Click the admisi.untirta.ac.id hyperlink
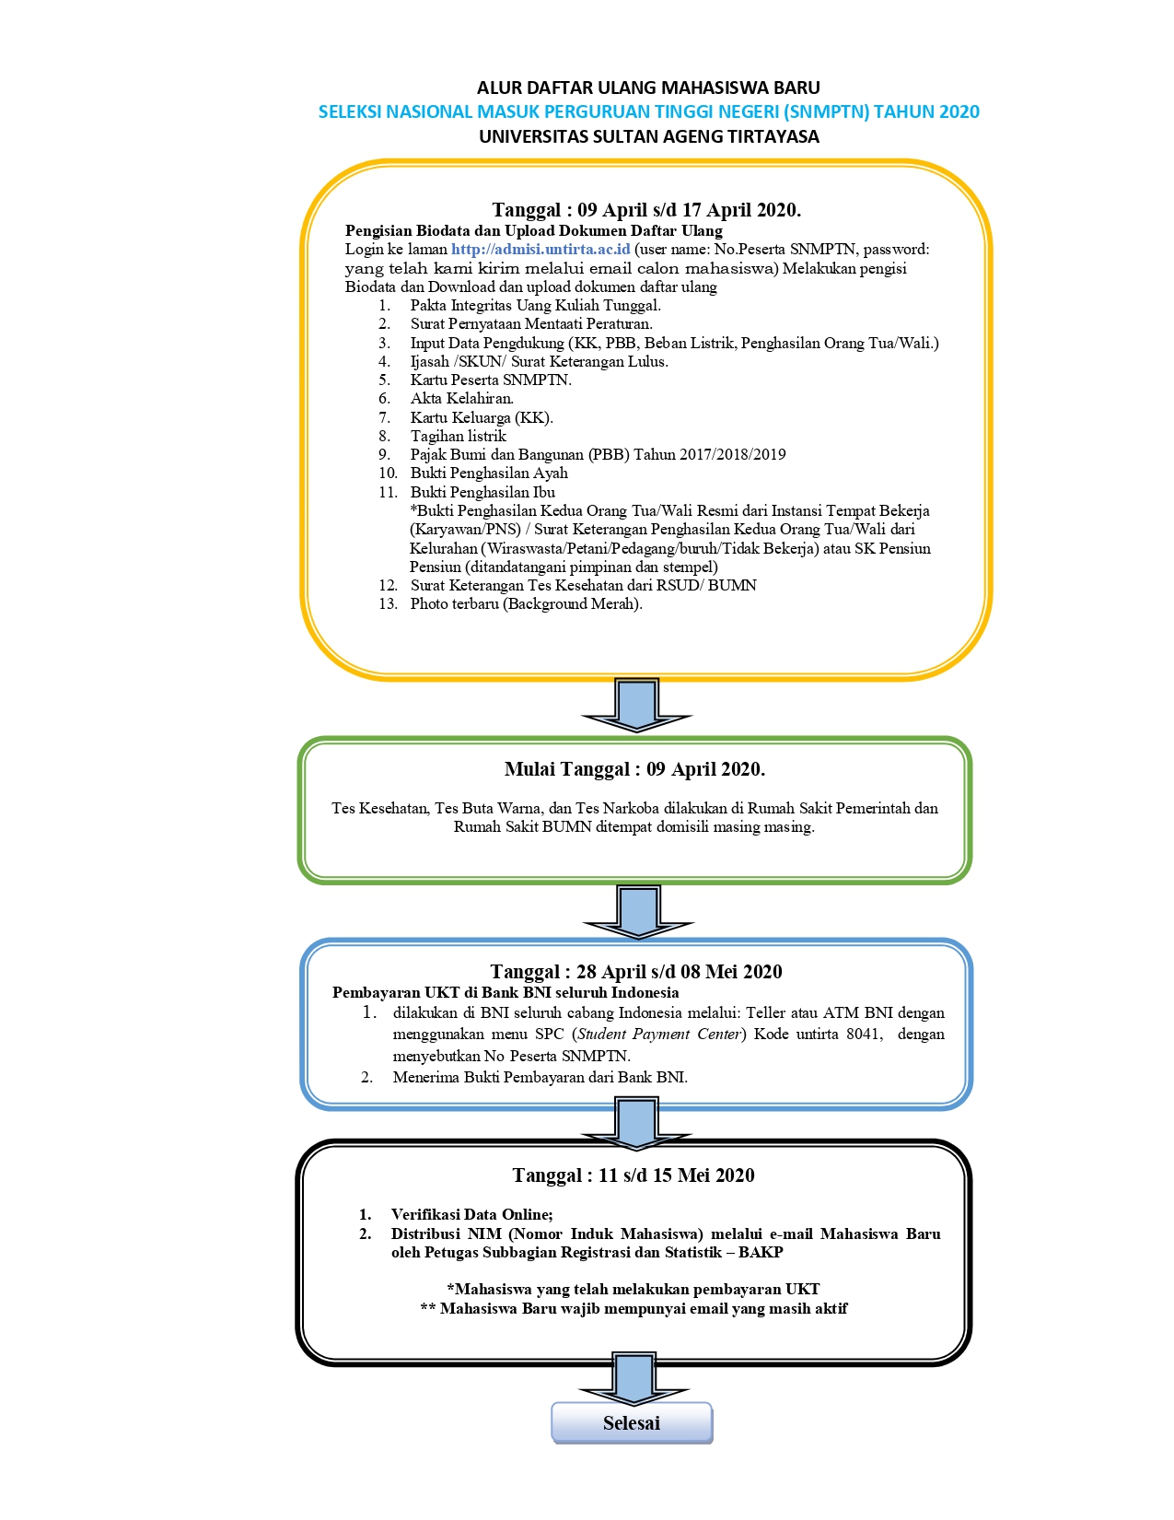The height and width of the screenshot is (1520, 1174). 541,249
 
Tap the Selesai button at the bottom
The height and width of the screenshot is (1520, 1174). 632,1422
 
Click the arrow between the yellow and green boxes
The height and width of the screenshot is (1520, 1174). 636,705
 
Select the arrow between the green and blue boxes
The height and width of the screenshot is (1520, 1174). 638,911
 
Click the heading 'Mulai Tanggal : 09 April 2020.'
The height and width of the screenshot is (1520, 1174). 635,769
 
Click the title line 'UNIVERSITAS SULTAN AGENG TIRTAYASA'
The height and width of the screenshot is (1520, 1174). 649,136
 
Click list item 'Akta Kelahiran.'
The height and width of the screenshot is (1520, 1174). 461,399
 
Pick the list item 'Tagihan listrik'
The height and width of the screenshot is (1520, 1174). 458,437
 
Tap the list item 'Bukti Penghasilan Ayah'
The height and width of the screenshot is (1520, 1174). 489,474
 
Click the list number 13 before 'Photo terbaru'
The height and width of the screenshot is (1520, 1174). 388,604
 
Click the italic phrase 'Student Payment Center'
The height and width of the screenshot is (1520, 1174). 658,1034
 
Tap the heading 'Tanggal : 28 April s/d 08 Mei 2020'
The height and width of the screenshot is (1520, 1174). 636,972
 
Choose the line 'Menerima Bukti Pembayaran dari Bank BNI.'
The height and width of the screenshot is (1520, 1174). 540,1077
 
